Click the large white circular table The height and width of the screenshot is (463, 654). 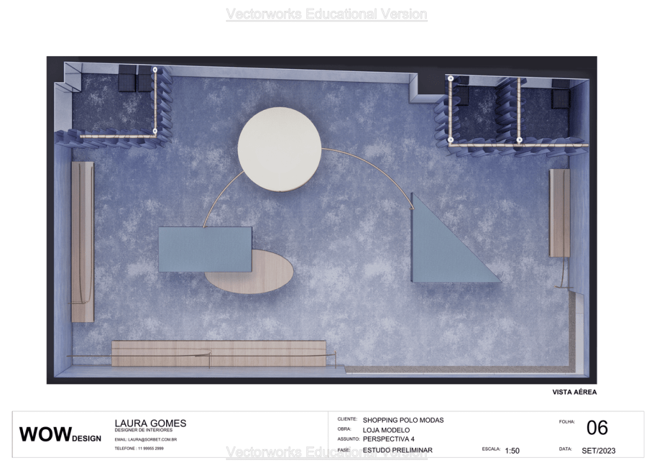point(279,149)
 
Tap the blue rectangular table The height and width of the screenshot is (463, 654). point(204,249)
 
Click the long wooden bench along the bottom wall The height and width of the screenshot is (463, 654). point(218,353)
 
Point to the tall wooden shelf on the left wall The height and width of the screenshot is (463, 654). point(82,242)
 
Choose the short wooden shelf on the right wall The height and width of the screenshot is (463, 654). point(559,213)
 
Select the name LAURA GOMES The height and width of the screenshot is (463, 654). point(150,423)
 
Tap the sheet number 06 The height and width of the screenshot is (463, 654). point(597,428)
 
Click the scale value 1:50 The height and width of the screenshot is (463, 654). point(512,450)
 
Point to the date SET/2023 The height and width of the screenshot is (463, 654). point(598,450)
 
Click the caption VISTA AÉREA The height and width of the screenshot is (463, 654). point(574,392)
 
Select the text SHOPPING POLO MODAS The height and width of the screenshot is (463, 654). point(403,420)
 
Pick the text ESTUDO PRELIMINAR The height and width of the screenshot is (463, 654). point(397,450)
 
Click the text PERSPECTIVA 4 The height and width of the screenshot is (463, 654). point(388,439)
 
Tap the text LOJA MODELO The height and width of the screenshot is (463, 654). point(386,430)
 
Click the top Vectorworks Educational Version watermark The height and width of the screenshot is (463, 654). point(326,14)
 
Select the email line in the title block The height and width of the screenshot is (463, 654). point(146,440)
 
